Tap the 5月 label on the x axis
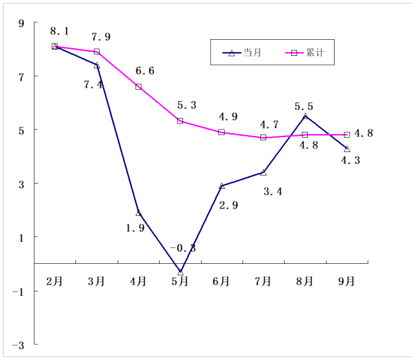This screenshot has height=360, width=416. [180, 282]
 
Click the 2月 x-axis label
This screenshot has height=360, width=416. [55, 282]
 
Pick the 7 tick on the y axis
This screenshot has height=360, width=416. [21, 76]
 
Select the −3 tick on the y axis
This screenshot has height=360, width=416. [19, 345]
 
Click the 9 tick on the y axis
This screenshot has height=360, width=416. [21, 23]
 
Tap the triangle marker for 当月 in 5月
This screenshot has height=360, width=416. [180, 271]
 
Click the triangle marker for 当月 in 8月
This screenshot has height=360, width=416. [305, 116]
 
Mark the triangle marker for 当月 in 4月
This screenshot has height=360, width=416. [138, 213]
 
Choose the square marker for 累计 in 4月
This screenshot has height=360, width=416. [138, 87]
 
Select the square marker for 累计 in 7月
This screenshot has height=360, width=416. [263, 137]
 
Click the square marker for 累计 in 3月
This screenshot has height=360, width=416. [97, 52]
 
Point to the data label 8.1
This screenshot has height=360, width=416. [60, 31]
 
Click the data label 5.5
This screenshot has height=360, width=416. [304, 106]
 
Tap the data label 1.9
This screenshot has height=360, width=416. [135, 227]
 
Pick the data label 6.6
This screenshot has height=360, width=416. [145, 71]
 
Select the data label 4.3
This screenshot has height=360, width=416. [351, 160]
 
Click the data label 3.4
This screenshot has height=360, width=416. [272, 191]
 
